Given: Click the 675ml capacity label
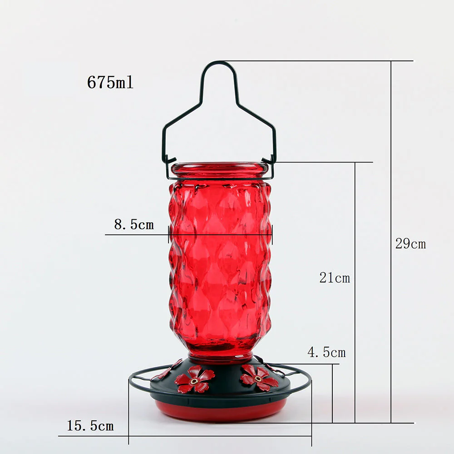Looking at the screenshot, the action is (110, 82).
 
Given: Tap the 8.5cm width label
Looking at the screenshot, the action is (134, 224).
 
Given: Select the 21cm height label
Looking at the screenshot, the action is (335, 278).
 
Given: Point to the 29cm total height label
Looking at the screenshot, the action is (410, 244).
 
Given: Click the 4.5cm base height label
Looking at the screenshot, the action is (326, 352).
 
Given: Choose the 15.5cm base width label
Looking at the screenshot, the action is (90, 426).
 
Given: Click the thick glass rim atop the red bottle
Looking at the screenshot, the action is (219, 169).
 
